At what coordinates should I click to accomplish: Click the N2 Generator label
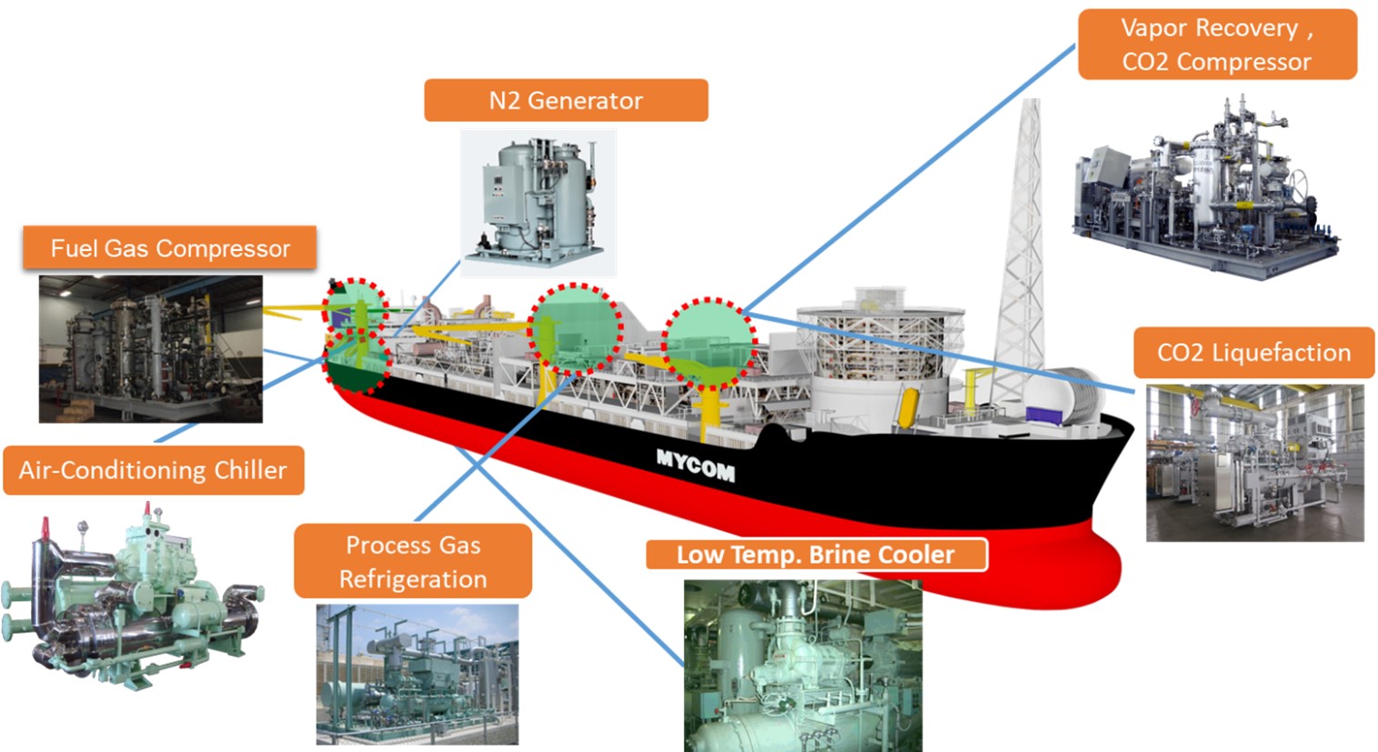[566, 100]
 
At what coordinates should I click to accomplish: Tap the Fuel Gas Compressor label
[170, 248]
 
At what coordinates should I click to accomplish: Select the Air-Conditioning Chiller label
[153, 470]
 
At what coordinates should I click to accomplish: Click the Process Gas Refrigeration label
[413, 561]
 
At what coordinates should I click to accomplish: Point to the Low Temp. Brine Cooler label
[816, 555]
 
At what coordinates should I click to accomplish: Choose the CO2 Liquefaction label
[1253, 353]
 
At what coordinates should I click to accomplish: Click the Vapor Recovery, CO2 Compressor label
[1217, 45]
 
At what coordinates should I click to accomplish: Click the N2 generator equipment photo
[538, 202]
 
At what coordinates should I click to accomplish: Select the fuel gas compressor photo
[151, 349]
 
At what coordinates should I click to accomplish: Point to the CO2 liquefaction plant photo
[1254, 463]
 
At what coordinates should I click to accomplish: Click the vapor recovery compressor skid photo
[1205, 191]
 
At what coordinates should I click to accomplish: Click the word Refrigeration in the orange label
[413, 579]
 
